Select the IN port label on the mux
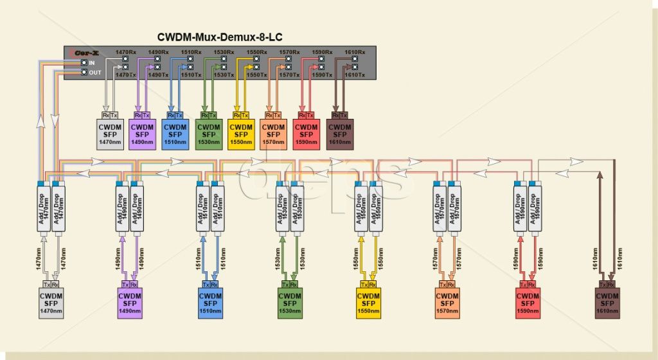[92, 62]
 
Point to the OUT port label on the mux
[94, 73]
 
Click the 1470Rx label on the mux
[125, 52]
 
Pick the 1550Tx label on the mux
[257, 75]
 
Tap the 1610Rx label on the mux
[355, 52]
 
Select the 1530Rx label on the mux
[224, 52]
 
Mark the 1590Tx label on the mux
[322, 75]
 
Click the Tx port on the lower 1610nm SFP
[603, 284]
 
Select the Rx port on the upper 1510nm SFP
[171, 115]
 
